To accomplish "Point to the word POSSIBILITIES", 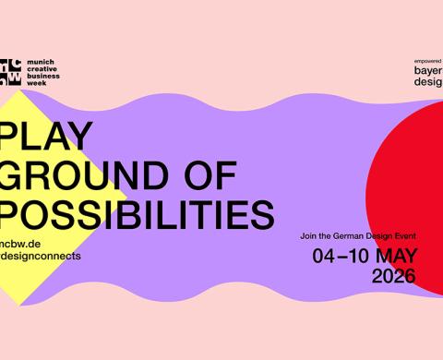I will coord(137,212).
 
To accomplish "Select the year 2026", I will coord(394,275).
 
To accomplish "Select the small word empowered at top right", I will coord(425,59).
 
